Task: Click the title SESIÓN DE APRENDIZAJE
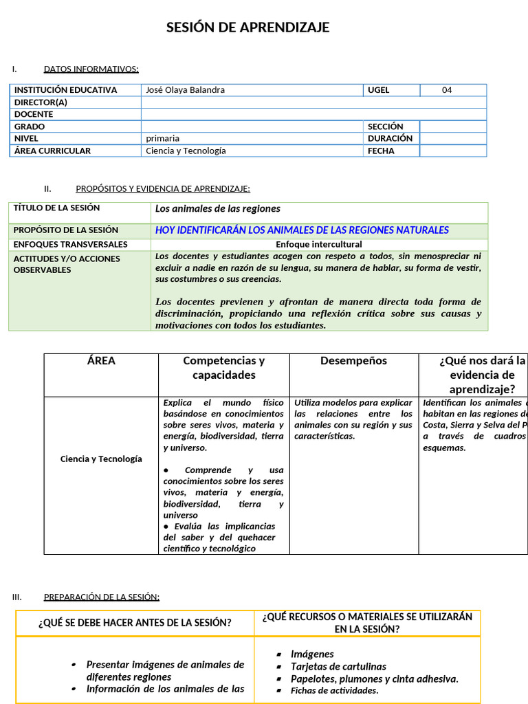[x=248, y=27]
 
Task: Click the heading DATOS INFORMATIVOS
[x=91, y=69]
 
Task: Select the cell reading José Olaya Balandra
[x=185, y=90]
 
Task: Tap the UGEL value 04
[x=447, y=90]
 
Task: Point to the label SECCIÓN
[x=385, y=126]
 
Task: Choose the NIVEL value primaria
[x=162, y=138]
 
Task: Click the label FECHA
[x=381, y=151]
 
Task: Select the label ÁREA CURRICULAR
[x=52, y=151]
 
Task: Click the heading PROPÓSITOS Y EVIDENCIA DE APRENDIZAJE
[x=163, y=188]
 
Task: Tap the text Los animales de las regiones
[x=217, y=208]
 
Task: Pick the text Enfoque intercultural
[x=319, y=244]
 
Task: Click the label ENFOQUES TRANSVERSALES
[x=70, y=244]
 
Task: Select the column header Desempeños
[x=353, y=361]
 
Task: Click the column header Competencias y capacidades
[x=223, y=368]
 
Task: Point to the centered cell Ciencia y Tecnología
[x=101, y=459]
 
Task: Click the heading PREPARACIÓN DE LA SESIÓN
[x=102, y=597]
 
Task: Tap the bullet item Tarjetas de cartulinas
[x=338, y=666]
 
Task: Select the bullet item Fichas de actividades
[x=335, y=690]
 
